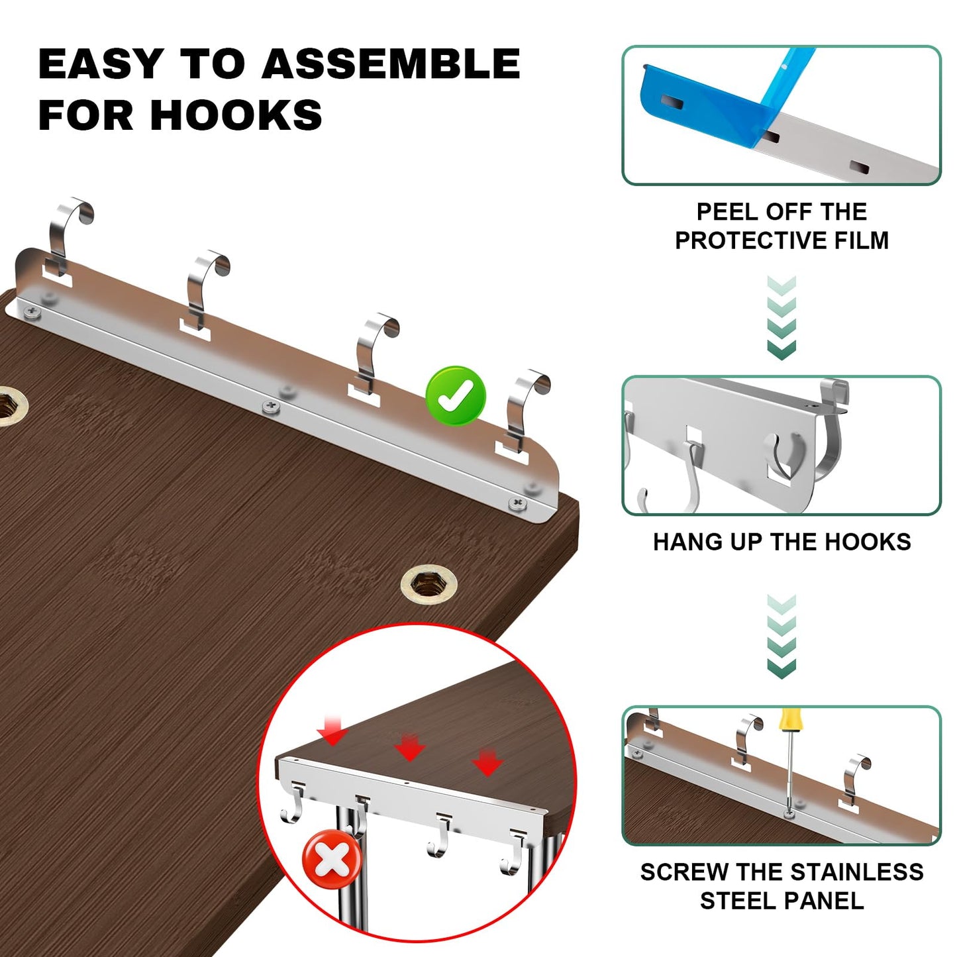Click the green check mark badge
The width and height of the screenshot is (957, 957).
pos(456,396)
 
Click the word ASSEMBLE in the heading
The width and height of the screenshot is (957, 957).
pos(391,64)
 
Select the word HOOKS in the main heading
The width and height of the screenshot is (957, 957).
pos(236,115)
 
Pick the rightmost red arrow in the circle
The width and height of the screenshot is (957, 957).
pos(487,763)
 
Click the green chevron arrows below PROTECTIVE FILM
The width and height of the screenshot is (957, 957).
pos(781,317)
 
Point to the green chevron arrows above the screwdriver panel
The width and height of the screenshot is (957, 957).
pos(781,636)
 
